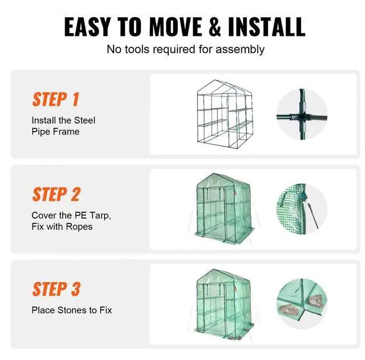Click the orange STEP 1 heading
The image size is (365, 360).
55,99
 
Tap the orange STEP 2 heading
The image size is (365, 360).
56,194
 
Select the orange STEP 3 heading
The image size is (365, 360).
56,289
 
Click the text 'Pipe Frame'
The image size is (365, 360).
55,132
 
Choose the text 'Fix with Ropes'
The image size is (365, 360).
62,227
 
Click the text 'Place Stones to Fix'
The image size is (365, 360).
71,310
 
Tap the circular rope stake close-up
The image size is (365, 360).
302,209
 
